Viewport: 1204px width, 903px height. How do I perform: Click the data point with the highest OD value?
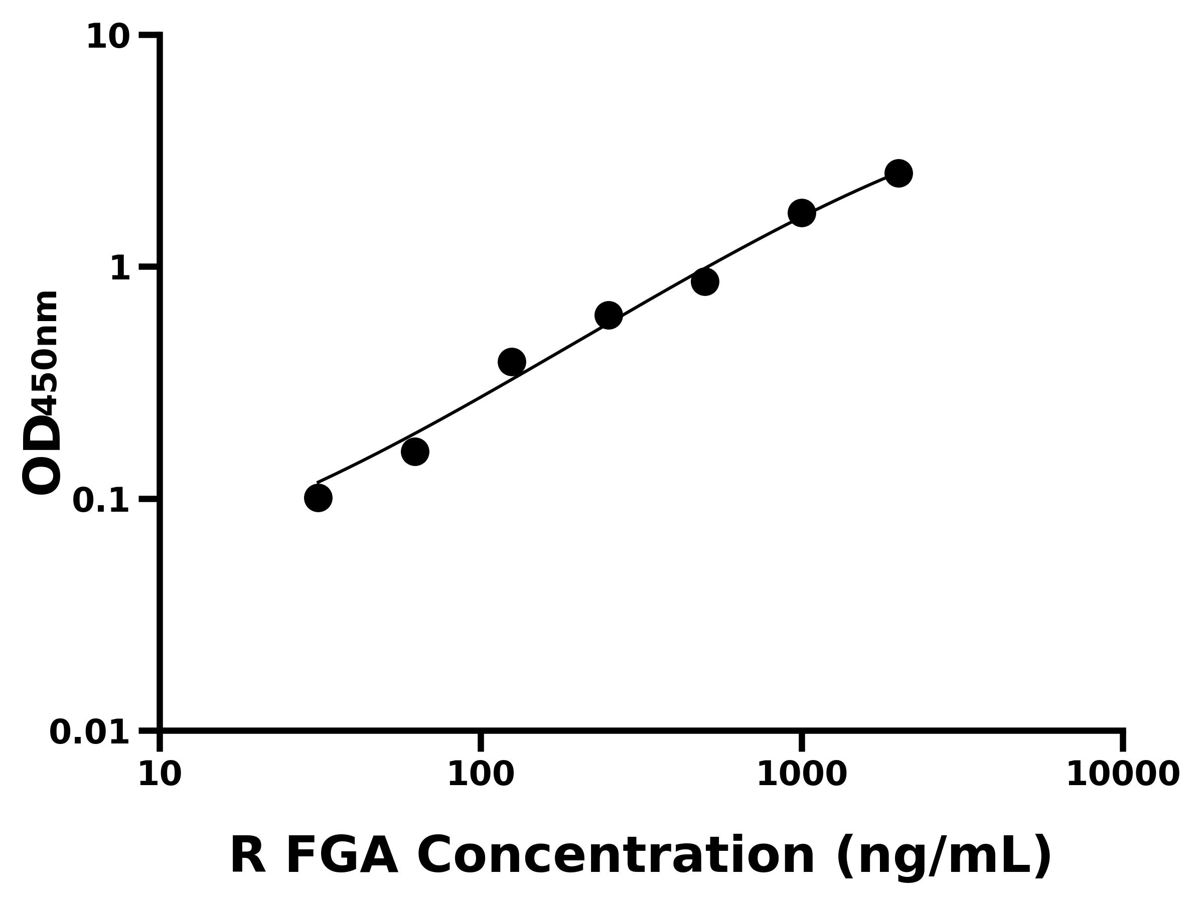coord(898,174)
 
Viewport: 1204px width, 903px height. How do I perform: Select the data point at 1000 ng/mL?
coord(802,213)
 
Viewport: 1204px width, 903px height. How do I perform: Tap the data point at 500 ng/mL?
coord(705,282)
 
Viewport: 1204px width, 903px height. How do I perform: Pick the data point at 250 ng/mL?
coord(609,316)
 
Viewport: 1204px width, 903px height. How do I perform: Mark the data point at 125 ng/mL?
coord(512,362)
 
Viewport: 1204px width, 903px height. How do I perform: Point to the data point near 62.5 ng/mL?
coord(415,452)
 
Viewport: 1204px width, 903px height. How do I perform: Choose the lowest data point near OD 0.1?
coord(319,498)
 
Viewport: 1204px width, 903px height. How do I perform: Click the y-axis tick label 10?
coord(108,37)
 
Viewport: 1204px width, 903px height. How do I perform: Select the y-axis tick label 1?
coord(120,268)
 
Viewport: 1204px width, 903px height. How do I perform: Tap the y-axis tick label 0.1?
coord(101,500)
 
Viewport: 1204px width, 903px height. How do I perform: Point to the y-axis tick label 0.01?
coord(90,732)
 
